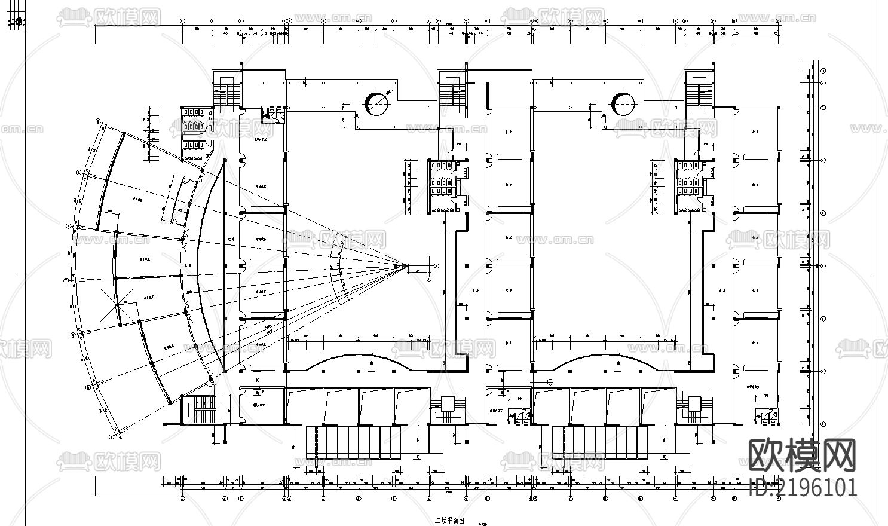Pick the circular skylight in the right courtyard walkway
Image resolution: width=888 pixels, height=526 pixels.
(x=623, y=104)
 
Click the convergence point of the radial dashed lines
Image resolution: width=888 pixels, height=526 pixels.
(x=405, y=265)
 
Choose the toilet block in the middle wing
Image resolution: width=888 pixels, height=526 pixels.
(x=442, y=185)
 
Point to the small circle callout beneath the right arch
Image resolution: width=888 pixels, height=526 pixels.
(x=550, y=381)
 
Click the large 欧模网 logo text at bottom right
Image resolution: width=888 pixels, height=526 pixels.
(x=803, y=455)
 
